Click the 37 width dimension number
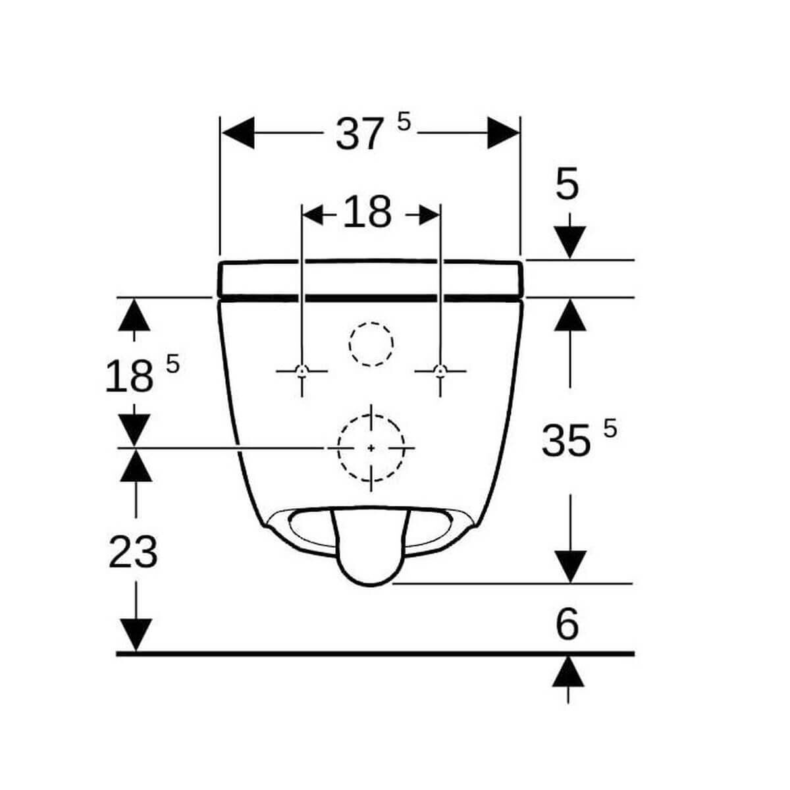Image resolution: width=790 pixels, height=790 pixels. pyautogui.click(x=359, y=134)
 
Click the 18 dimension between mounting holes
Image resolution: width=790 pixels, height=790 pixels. pyautogui.click(x=367, y=213)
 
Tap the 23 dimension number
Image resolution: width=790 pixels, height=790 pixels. pyautogui.click(x=133, y=552)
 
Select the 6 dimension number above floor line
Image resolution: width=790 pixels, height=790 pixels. pyautogui.click(x=567, y=624)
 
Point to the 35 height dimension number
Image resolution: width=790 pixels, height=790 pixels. pyautogui.click(x=566, y=440)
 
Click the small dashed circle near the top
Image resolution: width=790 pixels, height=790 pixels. pyautogui.click(x=371, y=344)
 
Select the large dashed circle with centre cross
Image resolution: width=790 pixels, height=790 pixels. pyautogui.click(x=371, y=448)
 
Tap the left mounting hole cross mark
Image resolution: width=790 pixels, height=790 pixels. pyautogui.click(x=302, y=371)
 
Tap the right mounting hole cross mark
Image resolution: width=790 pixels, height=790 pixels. pyautogui.click(x=440, y=371)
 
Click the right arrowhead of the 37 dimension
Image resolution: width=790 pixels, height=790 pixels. pyautogui.click(x=503, y=133)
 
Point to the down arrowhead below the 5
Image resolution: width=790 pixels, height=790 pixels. pyautogui.click(x=569, y=241)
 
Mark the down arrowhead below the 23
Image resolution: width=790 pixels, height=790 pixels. pyautogui.click(x=136, y=635)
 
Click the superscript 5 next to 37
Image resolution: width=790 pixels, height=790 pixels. pyautogui.click(x=404, y=121)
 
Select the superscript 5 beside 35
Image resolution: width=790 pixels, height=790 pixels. pyautogui.click(x=610, y=429)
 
